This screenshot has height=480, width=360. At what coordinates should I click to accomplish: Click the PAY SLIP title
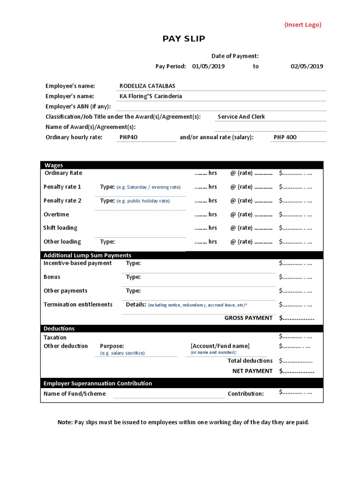tap(184, 39)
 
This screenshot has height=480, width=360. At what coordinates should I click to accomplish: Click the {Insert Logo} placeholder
tap(303, 25)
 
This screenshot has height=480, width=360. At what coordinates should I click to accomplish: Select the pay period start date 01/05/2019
tap(208, 67)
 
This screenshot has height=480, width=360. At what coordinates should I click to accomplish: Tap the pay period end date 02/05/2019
tap(307, 67)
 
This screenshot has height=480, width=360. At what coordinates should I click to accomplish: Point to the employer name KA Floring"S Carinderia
tap(150, 97)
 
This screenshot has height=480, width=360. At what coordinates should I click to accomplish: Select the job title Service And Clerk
tap(241, 117)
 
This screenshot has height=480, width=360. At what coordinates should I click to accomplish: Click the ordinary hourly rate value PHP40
tap(129, 137)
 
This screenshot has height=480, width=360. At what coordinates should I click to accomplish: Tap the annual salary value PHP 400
tap(285, 137)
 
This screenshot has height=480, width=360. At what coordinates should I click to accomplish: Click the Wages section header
tap(53, 165)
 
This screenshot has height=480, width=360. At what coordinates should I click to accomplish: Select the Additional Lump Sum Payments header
tap(87, 255)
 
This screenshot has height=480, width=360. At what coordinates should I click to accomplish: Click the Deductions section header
tap(59, 329)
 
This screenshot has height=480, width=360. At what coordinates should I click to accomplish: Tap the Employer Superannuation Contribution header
tap(97, 383)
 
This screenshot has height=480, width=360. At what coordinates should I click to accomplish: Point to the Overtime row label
tap(56, 215)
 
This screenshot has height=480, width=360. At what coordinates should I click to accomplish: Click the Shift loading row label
tap(60, 228)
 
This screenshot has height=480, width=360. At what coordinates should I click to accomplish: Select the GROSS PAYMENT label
tap(248, 318)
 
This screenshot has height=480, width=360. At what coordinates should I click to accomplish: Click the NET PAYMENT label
tap(252, 371)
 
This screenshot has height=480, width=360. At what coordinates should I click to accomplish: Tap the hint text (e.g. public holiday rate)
tap(143, 201)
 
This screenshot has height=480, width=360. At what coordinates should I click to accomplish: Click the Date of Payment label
tap(235, 56)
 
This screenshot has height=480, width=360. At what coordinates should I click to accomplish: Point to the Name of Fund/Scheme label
tap(75, 394)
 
